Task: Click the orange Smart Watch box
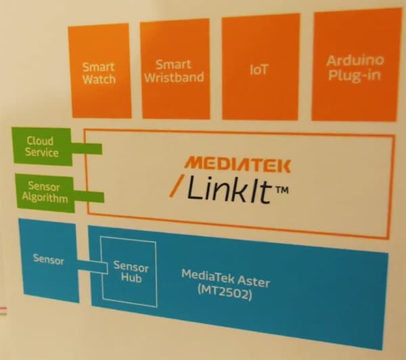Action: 99,72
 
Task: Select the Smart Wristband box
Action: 173,70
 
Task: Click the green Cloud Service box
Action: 42,146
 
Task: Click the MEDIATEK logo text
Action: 238,164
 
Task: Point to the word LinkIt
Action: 229,191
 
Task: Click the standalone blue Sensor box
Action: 48,260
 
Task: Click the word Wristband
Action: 173,77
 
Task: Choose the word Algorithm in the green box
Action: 45,198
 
